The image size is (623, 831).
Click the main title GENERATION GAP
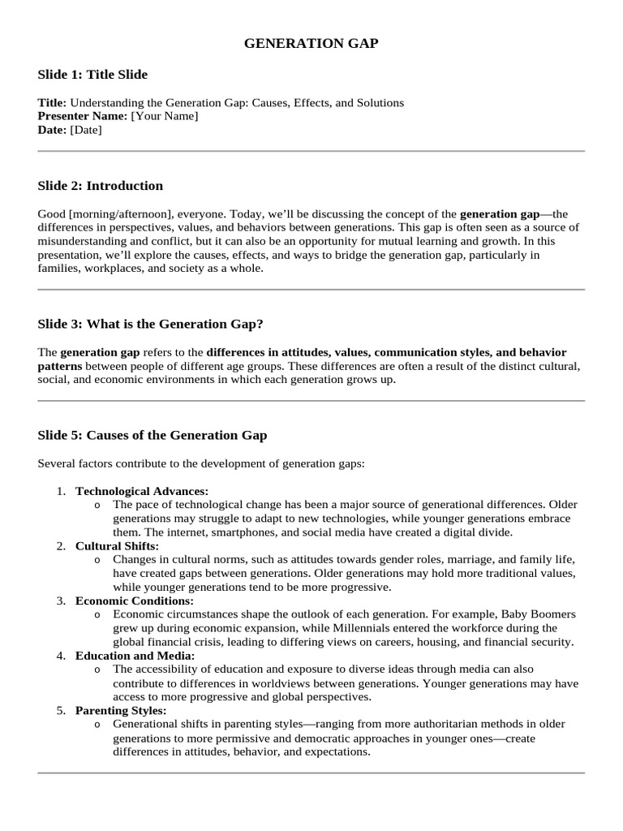coord(311,44)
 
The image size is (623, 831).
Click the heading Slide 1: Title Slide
coord(92,75)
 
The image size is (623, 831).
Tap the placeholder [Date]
coord(86,130)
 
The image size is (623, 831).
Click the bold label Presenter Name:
coord(83,116)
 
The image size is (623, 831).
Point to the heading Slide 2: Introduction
coord(100,186)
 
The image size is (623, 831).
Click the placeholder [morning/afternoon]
coord(119,214)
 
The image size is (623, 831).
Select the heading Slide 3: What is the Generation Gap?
coord(150,325)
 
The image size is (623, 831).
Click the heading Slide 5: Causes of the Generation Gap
coord(153,435)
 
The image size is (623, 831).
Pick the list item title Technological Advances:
coord(142,491)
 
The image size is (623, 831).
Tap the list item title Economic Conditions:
coord(135,601)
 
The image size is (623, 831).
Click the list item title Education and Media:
coord(135,656)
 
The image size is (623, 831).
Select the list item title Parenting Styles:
coord(121,711)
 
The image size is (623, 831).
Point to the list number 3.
coord(61,601)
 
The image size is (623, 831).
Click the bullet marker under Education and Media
coord(97,670)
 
